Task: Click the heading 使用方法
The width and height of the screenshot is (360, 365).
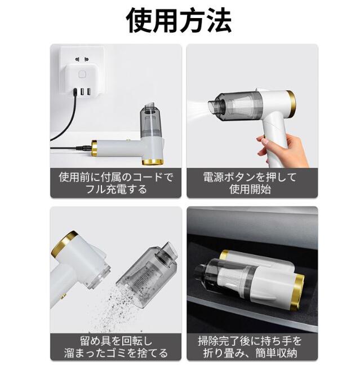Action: [179, 20]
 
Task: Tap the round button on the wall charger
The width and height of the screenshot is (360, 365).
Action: [82, 74]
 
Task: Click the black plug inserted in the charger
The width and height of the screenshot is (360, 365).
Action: [75, 92]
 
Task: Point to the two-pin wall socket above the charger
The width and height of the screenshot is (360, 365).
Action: [82, 59]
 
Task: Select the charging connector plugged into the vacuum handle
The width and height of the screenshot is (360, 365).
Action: [84, 148]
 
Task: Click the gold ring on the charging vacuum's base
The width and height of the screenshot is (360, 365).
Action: [153, 162]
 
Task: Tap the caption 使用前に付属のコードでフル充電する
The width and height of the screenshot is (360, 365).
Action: [115, 183]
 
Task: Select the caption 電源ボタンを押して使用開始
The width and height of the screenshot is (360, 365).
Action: [250, 183]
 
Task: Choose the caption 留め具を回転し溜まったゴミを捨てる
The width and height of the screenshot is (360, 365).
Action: [115, 346]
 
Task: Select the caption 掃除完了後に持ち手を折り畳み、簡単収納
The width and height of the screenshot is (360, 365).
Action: [250, 346]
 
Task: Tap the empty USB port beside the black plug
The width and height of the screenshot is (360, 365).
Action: [82, 92]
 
